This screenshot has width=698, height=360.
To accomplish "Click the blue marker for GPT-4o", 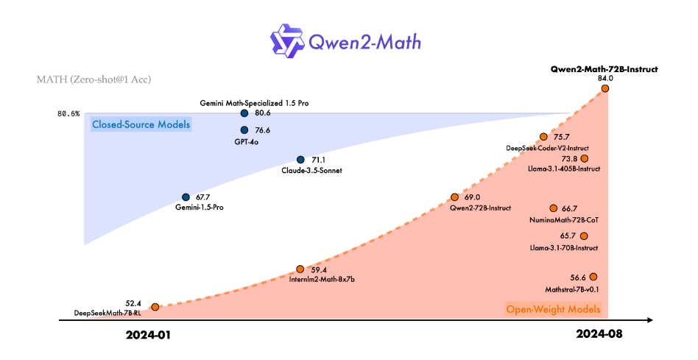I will (244, 130).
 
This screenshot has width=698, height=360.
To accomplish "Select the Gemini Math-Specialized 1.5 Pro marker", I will (244, 113).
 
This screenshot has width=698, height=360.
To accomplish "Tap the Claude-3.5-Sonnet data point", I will (300, 160).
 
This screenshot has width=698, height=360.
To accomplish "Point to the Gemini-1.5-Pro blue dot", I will (186, 197).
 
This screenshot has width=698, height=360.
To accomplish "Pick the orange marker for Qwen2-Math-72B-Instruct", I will (605, 88).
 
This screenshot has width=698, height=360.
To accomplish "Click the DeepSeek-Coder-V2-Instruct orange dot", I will (543, 137).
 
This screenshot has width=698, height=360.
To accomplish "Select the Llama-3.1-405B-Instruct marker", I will (585, 158).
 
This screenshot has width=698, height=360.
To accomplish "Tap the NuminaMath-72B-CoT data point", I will (553, 209).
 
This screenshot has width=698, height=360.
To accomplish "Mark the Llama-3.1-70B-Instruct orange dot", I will (585, 236).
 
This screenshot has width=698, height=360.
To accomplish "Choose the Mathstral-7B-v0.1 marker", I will (593, 277).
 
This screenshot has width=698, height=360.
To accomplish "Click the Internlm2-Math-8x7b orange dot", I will (300, 269).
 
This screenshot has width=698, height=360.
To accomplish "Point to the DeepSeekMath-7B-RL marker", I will (155, 305).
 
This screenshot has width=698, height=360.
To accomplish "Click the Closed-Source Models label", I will (141, 124).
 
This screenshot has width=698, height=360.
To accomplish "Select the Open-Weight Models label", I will (553, 309).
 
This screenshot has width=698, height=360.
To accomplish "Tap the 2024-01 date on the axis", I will (148, 334).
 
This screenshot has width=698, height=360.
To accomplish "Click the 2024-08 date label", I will (599, 334).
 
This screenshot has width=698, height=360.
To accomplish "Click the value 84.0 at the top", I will (605, 78).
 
